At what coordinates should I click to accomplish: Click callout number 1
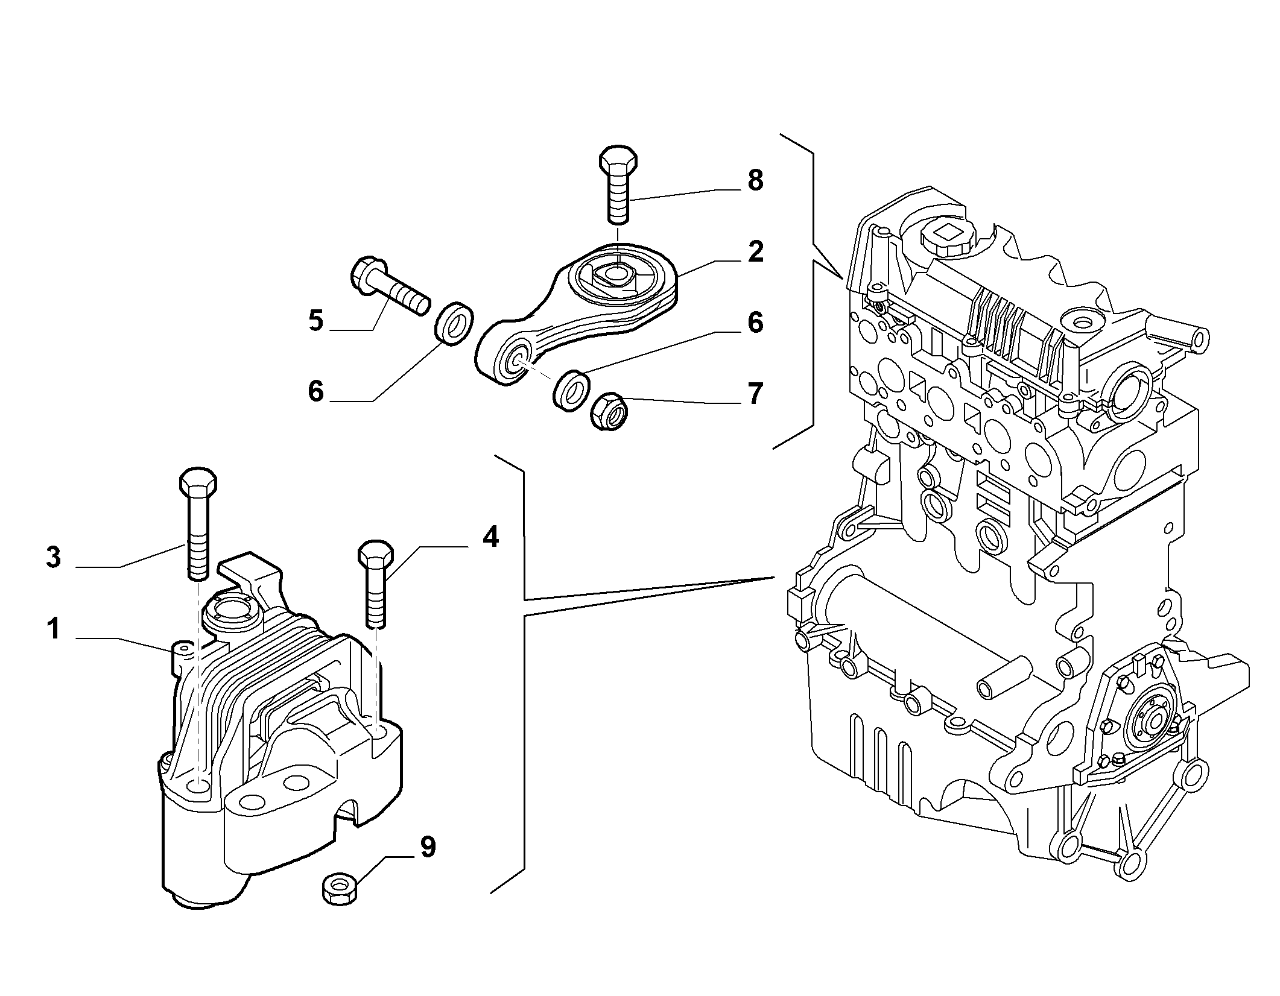click(x=54, y=629)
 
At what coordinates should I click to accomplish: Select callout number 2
click(x=755, y=251)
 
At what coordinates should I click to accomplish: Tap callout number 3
click(x=54, y=558)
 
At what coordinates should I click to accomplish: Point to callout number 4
click(x=490, y=537)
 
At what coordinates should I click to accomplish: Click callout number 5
click(x=316, y=321)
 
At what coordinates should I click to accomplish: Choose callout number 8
click(x=755, y=180)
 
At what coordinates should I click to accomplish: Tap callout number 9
click(x=428, y=847)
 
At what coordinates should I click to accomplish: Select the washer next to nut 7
click(x=572, y=390)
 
